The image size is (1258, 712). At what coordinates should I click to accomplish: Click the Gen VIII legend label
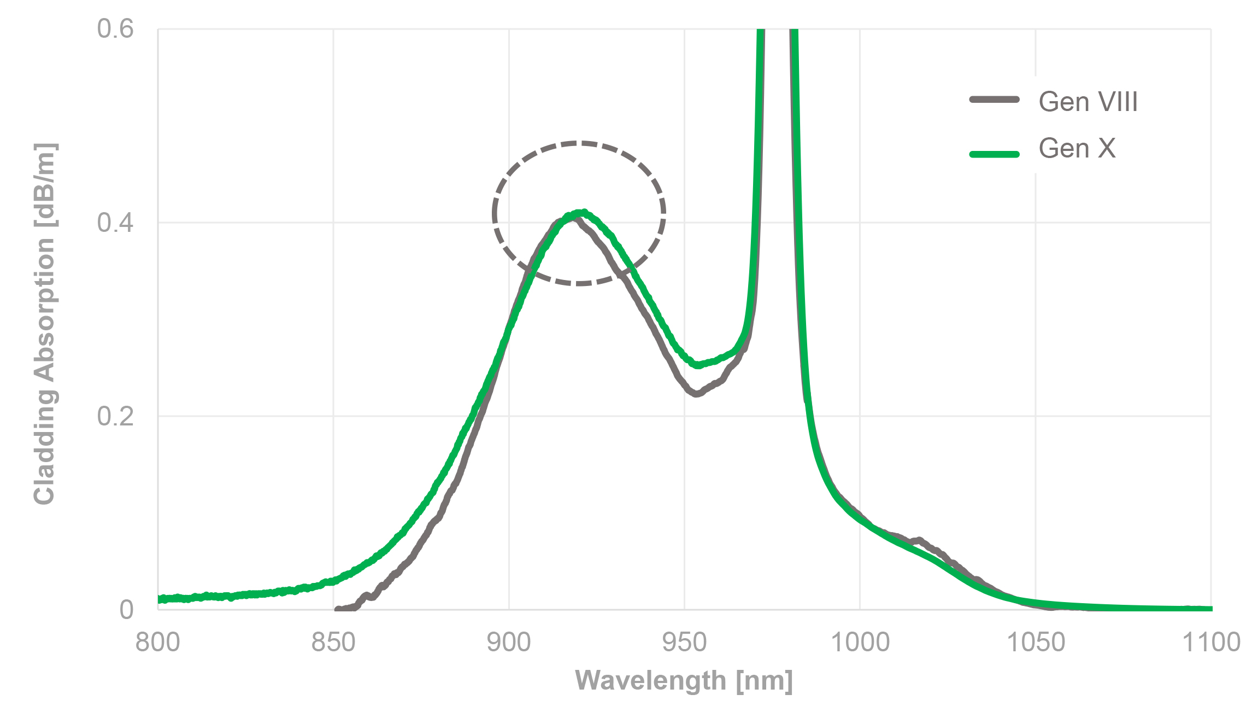tap(1087, 102)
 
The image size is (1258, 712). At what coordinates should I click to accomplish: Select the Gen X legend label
tap(1077, 148)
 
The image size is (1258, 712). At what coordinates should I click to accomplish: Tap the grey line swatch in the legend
tap(994, 100)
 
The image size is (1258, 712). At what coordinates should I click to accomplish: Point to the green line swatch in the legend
tap(994, 154)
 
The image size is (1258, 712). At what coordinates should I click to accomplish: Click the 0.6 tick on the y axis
tap(115, 28)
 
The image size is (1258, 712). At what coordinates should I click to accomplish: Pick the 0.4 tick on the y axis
tap(115, 223)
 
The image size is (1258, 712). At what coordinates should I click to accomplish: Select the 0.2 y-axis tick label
tap(115, 416)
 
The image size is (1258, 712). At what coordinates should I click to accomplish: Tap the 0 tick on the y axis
tap(126, 609)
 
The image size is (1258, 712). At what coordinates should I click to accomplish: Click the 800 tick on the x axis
tap(158, 642)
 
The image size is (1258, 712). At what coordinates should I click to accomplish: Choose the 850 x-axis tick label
tap(333, 642)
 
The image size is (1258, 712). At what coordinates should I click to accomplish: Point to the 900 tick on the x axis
tap(509, 642)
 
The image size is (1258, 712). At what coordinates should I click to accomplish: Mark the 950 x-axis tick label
tap(684, 642)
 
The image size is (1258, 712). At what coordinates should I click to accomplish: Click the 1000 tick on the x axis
tap(860, 642)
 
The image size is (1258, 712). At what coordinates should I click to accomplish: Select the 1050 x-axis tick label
tap(1036, 642)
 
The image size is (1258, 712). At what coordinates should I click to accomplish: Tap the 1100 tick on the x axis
tap(1211, 642)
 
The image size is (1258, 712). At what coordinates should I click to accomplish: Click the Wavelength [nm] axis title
tap(684, 681)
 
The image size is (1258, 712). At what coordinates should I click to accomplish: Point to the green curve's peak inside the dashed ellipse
tap(583, 212)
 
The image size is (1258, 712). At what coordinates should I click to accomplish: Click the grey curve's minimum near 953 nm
tap(696, 393)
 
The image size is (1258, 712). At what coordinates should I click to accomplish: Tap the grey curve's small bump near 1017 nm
tap(920, 541)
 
